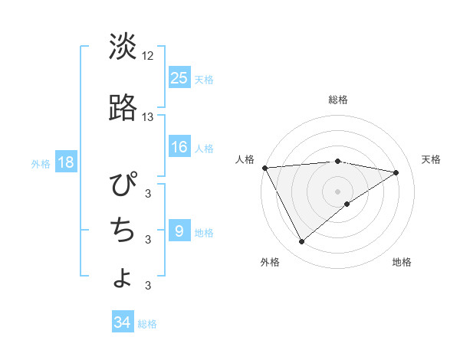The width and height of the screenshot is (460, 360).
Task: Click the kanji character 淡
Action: [123, 47]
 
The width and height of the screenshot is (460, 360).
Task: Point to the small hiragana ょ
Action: [123, 277]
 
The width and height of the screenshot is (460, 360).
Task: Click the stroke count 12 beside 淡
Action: [148, 56]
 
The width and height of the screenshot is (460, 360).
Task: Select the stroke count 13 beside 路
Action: [148, 117]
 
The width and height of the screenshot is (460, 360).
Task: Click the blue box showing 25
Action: [179, 78]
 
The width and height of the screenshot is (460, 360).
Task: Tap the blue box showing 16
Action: [179, 147]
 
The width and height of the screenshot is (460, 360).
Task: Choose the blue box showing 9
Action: [179, 231]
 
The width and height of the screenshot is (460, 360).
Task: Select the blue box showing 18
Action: [65, 162]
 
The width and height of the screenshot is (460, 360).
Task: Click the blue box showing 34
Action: [123, 322]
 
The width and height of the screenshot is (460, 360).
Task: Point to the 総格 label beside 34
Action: [147, 324]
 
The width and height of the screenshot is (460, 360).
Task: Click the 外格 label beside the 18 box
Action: [41, 163]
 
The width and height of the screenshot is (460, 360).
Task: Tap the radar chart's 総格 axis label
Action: [338, 100]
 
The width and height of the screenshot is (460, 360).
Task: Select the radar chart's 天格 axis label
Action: [431, 159]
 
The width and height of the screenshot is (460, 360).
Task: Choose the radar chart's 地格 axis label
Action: [402, 262]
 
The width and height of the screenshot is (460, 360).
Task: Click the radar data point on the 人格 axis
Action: [264, 168]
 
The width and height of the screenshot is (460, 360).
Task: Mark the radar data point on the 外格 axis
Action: [301, 242]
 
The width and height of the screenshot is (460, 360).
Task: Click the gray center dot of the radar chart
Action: [338, 191]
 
